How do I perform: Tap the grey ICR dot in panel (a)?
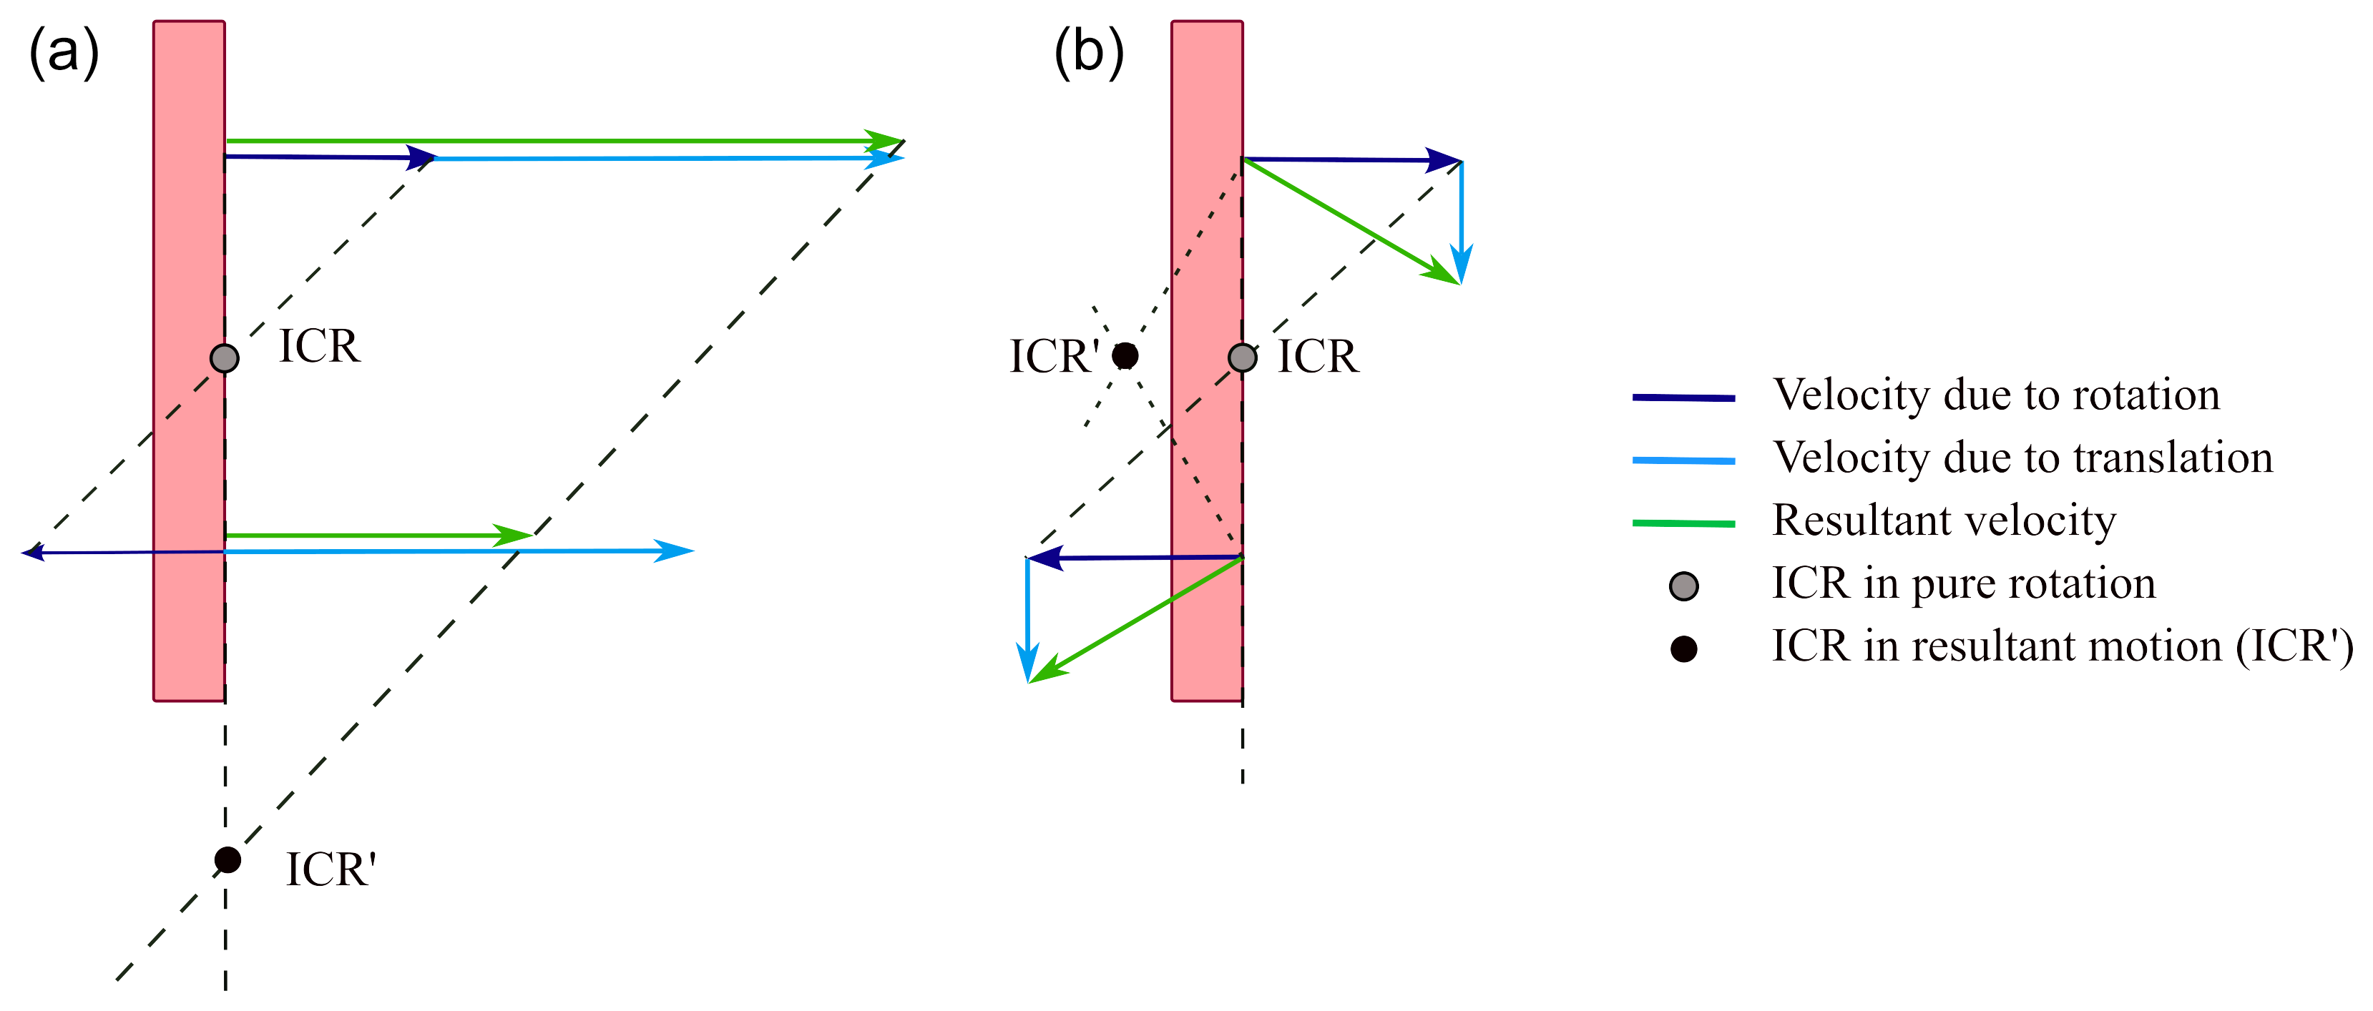(225, 358)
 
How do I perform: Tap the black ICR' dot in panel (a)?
(227, 860)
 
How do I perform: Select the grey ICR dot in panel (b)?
(1243, 357)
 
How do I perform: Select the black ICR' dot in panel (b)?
(1125, 355)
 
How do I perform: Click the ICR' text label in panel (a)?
(331, 869)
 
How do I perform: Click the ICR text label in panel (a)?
(319, 346)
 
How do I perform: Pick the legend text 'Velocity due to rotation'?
(1995, 395)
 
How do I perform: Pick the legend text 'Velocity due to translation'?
(2022, 458)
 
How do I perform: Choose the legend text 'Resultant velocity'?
(1944, 521)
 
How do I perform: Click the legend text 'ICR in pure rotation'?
(1963, 583)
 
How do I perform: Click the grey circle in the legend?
(1684, 586)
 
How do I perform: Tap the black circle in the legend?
(1684, 649)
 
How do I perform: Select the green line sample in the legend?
(1683, 523)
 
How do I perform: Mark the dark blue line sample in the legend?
(1683, 398)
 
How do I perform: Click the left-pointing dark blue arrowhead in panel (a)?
(33, 553)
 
